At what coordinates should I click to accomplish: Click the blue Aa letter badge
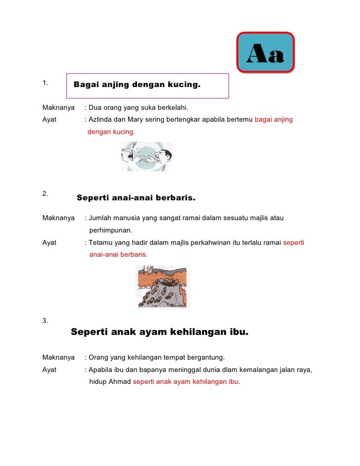coord(266,53)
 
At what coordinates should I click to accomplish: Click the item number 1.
coord(45,83)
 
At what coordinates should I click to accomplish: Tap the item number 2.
coord(45,193)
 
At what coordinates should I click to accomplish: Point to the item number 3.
coord(45,321)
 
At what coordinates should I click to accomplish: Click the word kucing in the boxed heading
coord(184,85)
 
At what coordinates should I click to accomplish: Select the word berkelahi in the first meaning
coord(171,107)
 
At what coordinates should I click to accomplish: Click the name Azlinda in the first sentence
coord(101,119)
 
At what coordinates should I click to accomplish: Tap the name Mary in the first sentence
coord(137,119)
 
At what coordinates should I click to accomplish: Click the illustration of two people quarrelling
coord(147,156)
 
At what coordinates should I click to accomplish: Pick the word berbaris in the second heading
coord(176,198)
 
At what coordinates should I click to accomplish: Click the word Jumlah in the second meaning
coord(100,218)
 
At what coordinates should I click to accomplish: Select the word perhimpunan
coord(111,230)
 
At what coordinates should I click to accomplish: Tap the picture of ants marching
coord(163,287)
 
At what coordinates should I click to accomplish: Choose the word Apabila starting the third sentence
coord(101,370)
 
